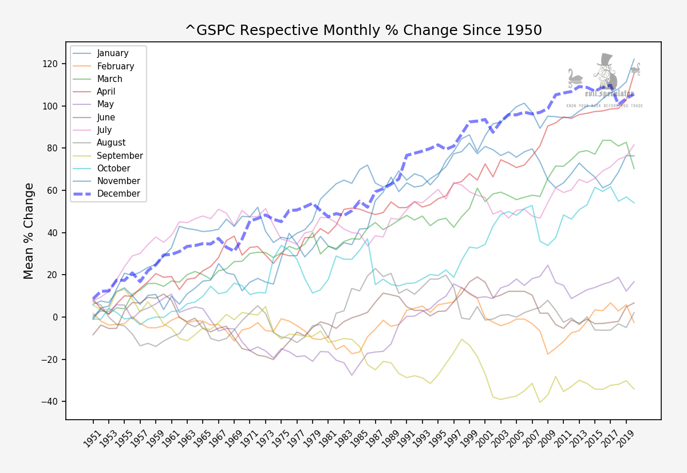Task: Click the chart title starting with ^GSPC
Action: pos(363,30)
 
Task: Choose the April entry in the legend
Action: pos(106,92)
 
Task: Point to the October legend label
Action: pos(113,169)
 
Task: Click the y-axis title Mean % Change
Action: pos(29,230)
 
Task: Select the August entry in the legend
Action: pos(111,143)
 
